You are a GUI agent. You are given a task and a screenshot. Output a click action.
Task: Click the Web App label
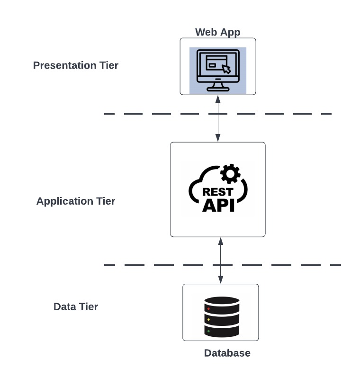click(218, 32)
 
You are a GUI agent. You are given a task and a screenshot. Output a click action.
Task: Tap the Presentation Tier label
click(76, 65)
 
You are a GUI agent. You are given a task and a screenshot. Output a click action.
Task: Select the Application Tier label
click(76, 201)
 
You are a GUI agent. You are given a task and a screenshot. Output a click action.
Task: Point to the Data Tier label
click(76, 306)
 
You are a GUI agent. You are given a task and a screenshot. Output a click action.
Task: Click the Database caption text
click(227, 353)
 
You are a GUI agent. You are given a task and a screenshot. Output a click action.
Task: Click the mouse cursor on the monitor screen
click(226, 69)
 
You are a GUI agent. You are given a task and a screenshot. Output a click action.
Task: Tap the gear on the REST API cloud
click(231, 174)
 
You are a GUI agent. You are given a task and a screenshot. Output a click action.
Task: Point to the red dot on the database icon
click(208, 308)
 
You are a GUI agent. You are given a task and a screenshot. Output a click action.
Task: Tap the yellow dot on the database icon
click(208, 320)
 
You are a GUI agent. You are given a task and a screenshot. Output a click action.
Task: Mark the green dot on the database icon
click(208, 331)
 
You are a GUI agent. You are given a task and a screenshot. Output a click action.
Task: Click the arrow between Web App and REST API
click(218, 118)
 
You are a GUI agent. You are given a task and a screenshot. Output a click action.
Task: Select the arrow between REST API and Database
click(220, 261)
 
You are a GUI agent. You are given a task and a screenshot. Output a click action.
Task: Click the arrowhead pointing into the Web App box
click(218, 99)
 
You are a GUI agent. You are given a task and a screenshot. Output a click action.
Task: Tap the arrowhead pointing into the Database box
click(220, 280)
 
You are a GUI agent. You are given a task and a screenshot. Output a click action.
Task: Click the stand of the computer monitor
click(218, 87)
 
